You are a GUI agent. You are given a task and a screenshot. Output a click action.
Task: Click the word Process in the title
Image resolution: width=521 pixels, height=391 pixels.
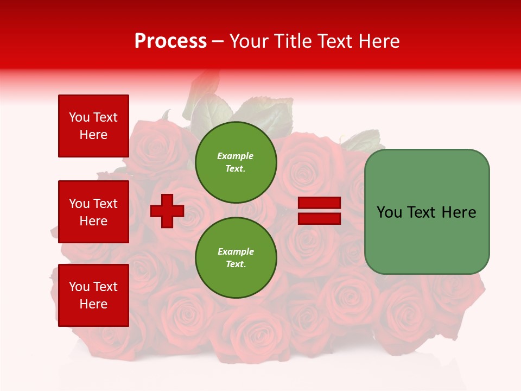(x=170, y=41)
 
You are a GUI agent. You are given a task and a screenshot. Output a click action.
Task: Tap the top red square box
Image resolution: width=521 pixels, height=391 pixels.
(x=93, y=126)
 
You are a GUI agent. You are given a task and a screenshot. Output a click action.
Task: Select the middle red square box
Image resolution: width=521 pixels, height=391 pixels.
(x=93, y=212)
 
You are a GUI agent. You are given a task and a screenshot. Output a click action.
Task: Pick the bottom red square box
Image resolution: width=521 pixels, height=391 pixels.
(x=93, y=295)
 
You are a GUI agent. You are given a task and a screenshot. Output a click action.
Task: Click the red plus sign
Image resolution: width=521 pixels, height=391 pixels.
(x=167, y=211)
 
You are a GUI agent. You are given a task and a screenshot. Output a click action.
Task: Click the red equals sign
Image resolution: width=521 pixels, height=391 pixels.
(x=319, y=211)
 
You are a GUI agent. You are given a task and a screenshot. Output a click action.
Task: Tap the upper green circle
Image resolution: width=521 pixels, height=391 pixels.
(x=236, y=162)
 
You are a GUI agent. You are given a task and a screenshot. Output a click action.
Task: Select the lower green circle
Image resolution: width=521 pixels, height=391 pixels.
(x=236, y=257)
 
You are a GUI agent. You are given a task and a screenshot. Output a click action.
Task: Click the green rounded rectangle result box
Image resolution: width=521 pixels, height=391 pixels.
(x=427, y=212)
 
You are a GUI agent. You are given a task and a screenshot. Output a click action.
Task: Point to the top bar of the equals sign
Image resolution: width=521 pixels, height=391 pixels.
(x=319, y=203)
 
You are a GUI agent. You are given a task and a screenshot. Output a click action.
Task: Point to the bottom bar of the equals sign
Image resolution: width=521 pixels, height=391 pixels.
(x=319, y=218)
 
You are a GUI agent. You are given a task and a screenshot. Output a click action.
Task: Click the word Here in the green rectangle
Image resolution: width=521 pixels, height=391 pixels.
(x=459, y=212)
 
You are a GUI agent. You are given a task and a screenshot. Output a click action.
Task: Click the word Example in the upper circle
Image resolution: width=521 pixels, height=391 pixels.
(x=235, y=156)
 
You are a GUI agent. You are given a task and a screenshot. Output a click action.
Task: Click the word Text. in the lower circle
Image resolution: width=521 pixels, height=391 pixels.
(x=236, y=264)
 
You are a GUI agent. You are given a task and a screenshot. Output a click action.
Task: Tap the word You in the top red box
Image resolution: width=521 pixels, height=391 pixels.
(x=79, y=117)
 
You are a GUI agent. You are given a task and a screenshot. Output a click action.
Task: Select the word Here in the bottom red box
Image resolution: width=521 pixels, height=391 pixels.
(x=93, y=304)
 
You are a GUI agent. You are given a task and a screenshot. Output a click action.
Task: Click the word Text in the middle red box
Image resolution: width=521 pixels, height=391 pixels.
(x=105, y=204)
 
